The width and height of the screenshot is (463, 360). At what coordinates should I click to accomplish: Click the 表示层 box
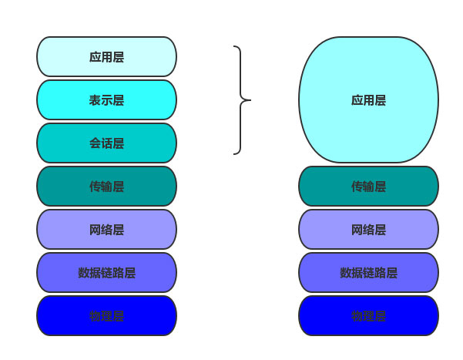[x=106, y=100]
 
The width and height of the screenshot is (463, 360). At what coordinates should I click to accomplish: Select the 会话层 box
[x=106, y=143]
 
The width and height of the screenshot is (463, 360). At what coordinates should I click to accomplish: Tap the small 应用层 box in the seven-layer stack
[x=106, y=57]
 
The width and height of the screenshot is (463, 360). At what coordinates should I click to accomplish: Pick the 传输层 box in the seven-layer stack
[x=106, y=187]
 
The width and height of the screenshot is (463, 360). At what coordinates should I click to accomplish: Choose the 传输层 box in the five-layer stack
[x=368, y=187]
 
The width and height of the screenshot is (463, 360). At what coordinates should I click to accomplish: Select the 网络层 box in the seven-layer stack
[x=106, y=230]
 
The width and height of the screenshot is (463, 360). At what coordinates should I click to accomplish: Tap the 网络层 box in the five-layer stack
[x=368, y=230]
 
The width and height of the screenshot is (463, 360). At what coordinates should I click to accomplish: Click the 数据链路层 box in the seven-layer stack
[x=106, y=273]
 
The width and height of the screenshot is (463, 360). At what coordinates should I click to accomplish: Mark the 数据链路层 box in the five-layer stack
[x=368, y=273]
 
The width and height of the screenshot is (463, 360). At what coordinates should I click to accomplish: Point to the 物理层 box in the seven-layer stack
[x=106, y=316]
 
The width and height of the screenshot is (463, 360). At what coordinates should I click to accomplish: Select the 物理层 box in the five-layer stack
[x=368, y=316]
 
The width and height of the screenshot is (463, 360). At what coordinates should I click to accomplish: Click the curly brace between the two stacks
[x=241, y=77]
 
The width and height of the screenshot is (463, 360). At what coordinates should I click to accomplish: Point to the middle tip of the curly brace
[x=250, y=100]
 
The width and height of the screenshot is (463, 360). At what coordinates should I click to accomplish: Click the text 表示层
[x=106, y=100]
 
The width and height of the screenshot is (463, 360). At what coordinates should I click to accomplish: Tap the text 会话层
[x=106, y=143]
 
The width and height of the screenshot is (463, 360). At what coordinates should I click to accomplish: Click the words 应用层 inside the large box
[x=368, y=100]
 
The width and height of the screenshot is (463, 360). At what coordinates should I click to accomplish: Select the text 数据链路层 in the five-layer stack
[x=368, y=273]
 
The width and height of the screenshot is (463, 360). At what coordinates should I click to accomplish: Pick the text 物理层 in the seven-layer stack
[x=106, y=316]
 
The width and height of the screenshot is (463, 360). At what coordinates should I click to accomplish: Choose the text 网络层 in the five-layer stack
[x=368, y=230]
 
